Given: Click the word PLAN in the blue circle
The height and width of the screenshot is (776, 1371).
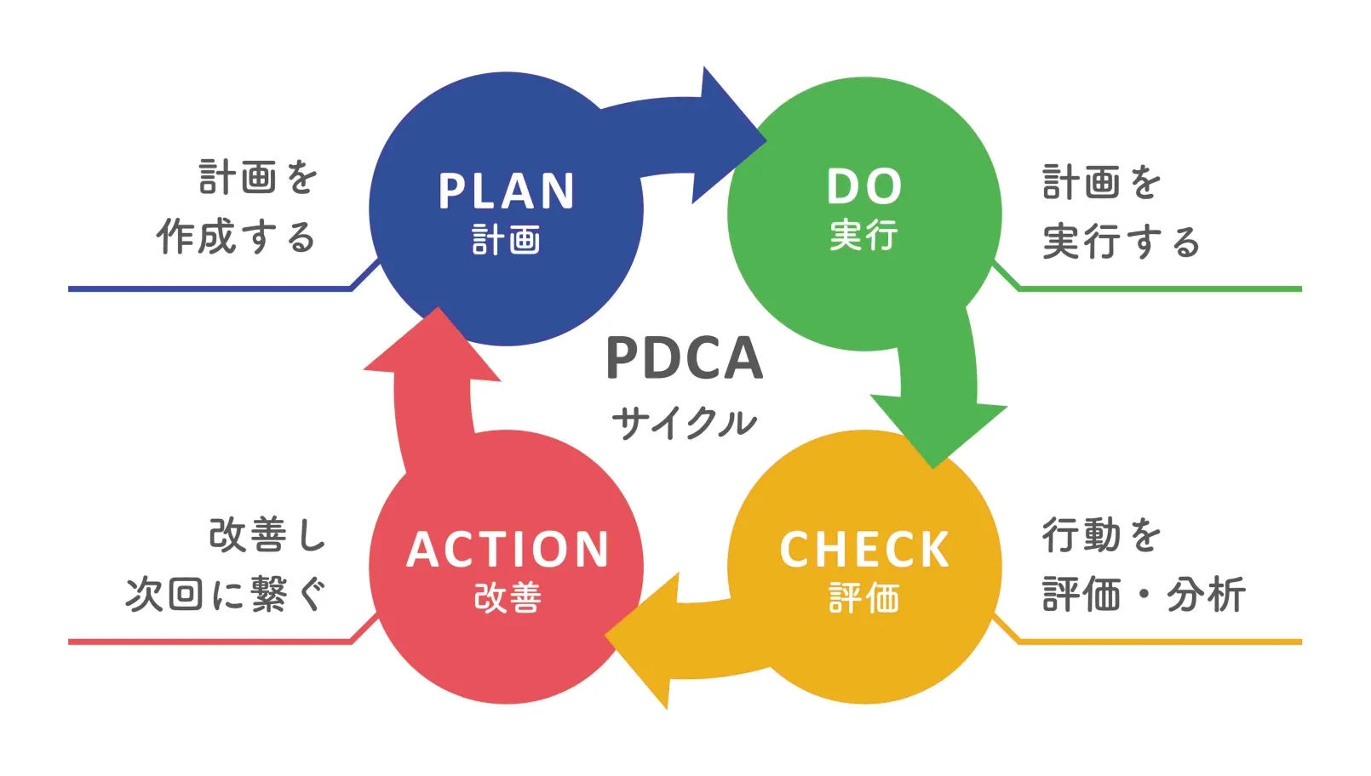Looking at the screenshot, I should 507,191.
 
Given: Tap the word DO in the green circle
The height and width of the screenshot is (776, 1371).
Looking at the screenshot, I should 864,186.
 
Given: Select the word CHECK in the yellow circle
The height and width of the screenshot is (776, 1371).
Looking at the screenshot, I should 864,550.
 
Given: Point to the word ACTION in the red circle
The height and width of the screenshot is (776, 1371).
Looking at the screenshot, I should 508,550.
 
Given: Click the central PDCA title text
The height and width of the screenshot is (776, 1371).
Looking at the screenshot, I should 684,358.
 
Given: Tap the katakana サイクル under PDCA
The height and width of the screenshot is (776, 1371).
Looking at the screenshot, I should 684,422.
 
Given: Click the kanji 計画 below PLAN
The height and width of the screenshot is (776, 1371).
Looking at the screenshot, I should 507,240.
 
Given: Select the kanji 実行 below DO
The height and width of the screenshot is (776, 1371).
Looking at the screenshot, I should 864,235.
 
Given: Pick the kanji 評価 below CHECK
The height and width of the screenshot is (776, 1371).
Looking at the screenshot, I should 864,598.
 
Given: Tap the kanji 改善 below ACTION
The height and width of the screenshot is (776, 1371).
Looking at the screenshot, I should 508,598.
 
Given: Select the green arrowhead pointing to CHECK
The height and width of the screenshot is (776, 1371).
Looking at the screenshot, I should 937,430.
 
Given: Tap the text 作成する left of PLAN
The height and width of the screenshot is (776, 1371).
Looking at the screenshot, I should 236,237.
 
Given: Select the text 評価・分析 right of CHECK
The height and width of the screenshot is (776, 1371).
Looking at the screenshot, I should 1144,594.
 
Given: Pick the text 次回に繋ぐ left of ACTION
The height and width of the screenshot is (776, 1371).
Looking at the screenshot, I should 227,594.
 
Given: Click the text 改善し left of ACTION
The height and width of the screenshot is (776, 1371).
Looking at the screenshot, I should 267,535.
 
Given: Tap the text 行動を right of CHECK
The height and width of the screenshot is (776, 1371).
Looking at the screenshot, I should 1102,535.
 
